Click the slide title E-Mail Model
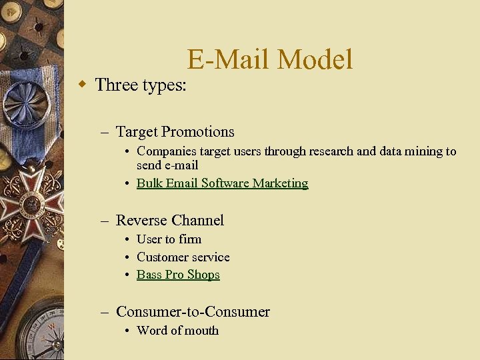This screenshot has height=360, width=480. point(269,59)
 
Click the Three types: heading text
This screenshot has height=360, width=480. point(141,85)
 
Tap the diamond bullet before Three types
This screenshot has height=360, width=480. point(82,85)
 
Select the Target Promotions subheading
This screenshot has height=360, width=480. point(175,132)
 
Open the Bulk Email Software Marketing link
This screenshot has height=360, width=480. point(222,183)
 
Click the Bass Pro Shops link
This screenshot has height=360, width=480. point(178,275)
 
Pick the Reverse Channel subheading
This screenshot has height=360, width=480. point(169,221)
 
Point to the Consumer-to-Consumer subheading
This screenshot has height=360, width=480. point(193,312)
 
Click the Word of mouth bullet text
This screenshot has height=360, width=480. point(177,331)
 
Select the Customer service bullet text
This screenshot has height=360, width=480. point(183,257)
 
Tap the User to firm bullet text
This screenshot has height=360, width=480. point(169,239)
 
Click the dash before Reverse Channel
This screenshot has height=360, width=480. point(104,221)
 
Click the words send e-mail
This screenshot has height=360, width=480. point(167,165)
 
